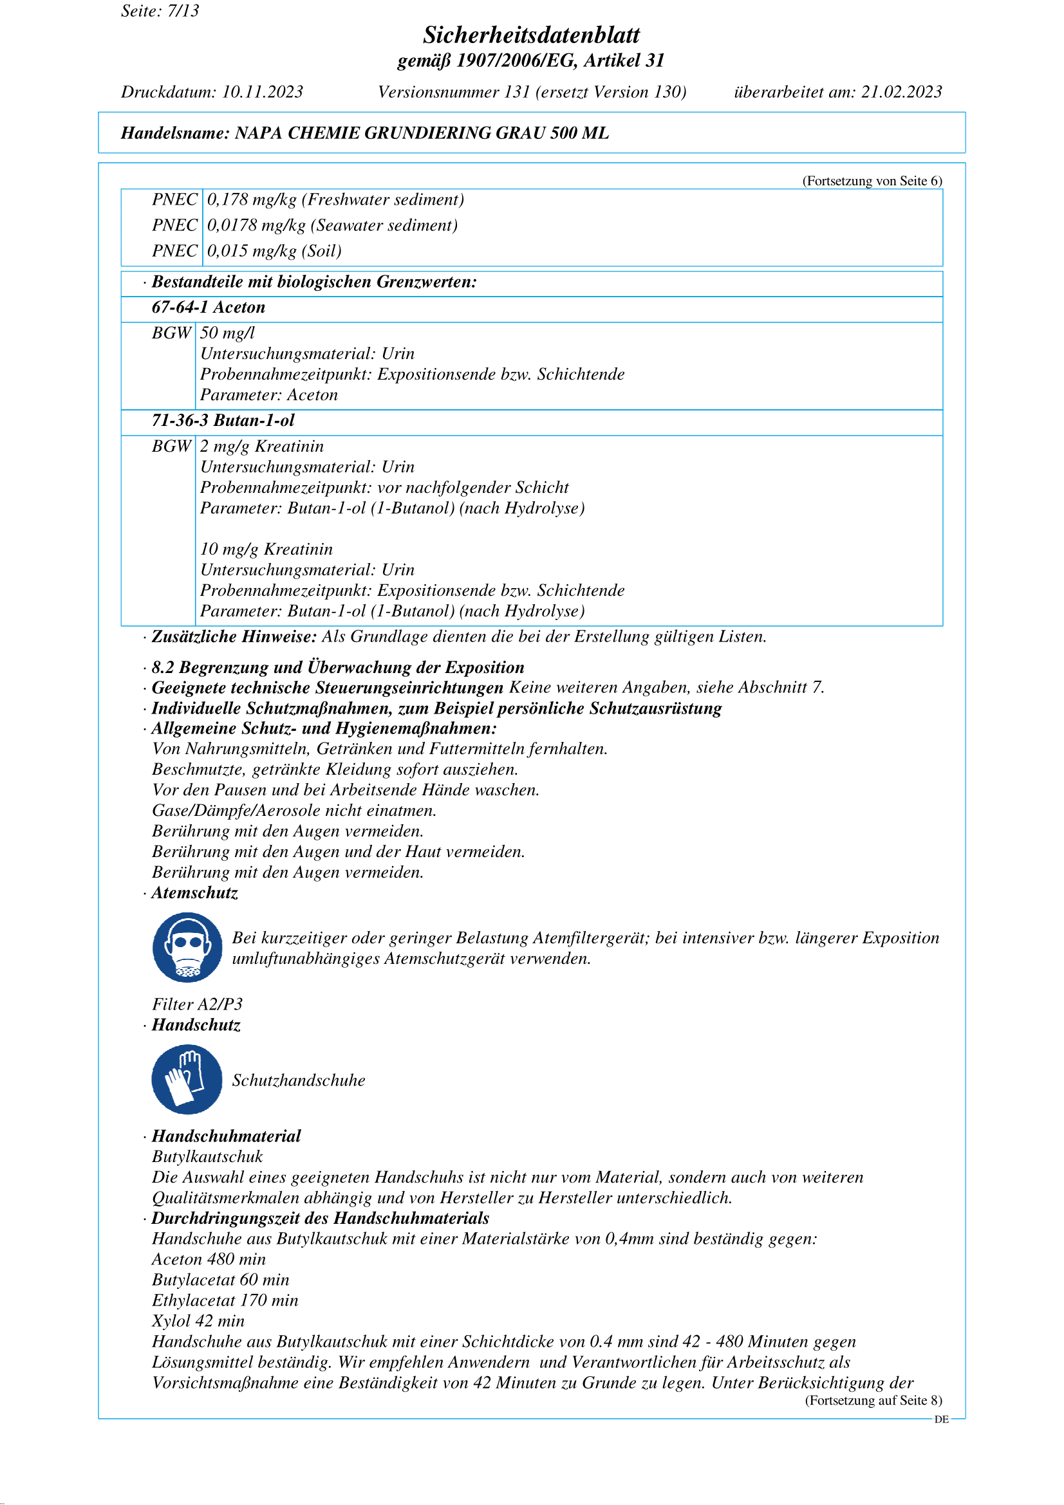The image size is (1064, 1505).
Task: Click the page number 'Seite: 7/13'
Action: tap(160, 11)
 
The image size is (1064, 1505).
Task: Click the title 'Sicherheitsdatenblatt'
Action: tap(531, 35)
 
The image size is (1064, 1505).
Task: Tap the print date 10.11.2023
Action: tap(262, 92)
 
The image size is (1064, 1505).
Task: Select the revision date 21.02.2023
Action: tap(901, 92)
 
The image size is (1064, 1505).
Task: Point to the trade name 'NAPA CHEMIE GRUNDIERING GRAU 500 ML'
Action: tap(422, 133)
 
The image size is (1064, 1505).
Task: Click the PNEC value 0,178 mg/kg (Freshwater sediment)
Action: tap(335, 200)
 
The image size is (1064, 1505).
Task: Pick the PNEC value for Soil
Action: tap(274, 251)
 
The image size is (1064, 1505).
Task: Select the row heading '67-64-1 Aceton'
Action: tap(209, 308)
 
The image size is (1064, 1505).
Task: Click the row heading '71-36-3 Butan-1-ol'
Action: tap(223, 421)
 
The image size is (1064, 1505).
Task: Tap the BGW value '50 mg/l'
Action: tap(227, 333)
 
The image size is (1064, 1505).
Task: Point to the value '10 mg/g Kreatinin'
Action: tap(266, 549)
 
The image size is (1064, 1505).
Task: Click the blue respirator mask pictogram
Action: tap(187, 947)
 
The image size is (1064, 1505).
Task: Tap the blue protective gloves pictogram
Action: tap(187, 1080)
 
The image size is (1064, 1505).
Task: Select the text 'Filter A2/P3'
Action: tap(198, 1004)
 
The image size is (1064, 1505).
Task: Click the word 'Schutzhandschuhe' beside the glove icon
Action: tap(298, 1080)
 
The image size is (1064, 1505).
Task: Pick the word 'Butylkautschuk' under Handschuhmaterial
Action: tap(207, 1157)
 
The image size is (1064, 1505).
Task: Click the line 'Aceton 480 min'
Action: tap(209, 1259)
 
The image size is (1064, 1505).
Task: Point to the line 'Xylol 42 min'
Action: tap(198, 1321)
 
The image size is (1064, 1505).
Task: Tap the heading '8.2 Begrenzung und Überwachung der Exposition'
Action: tap(338, 667)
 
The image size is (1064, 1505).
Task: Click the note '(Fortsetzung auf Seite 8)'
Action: tap(873, 1400)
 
